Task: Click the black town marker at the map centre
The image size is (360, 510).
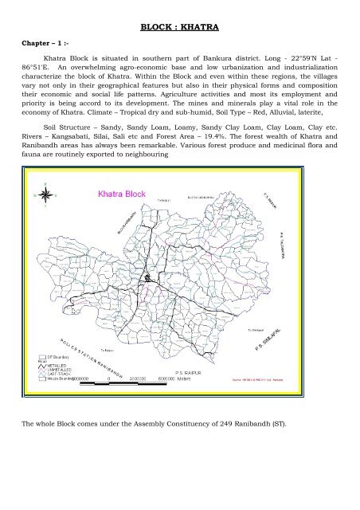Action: point(148,279)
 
